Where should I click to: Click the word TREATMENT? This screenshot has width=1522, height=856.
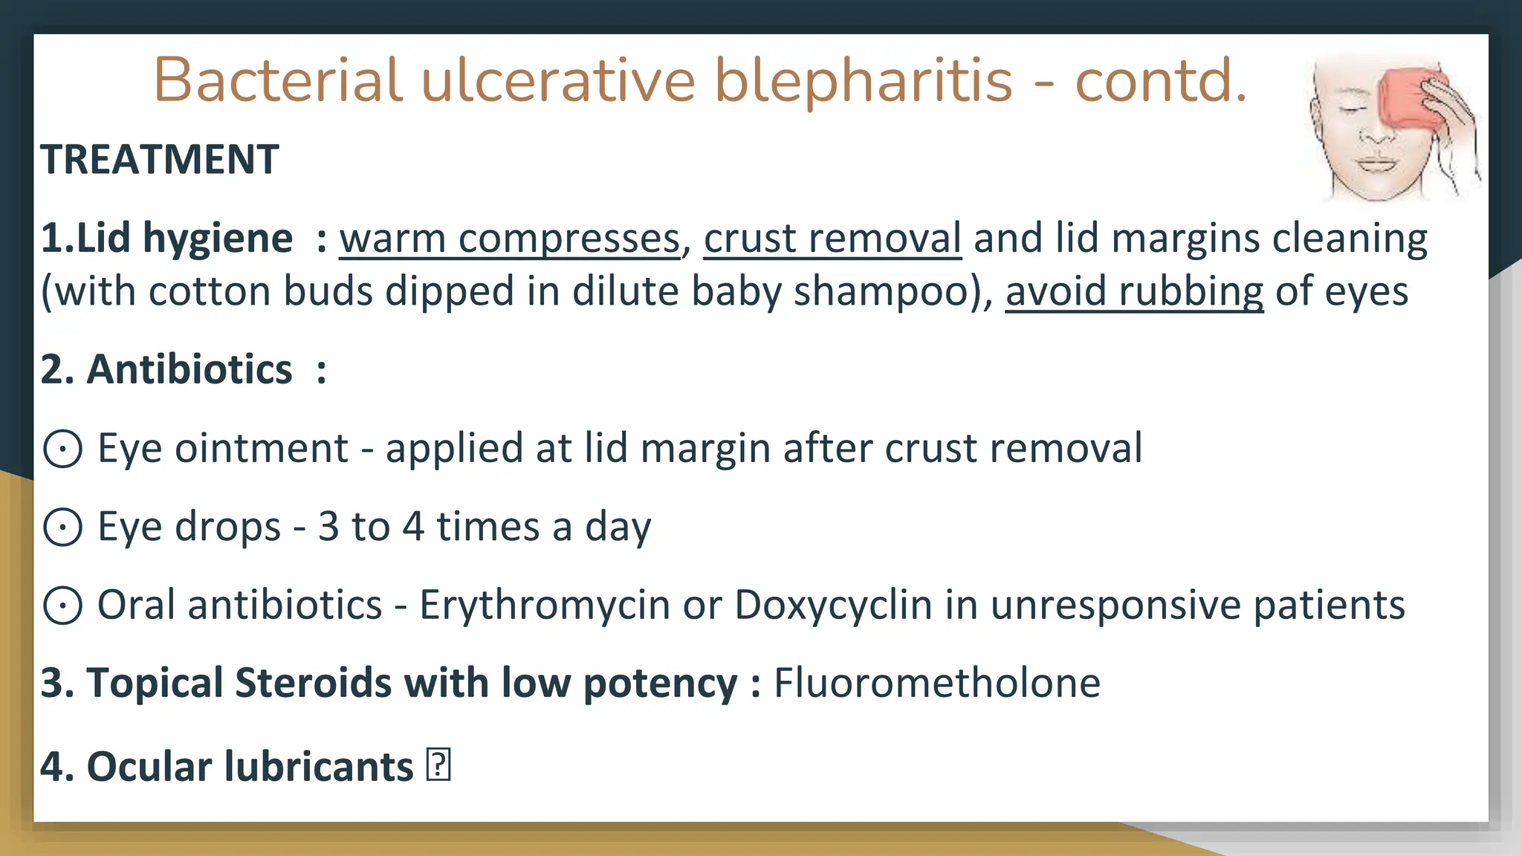pos(160,160)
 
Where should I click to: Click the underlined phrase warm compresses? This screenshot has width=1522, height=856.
pos(510,239)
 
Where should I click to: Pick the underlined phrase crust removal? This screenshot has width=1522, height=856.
pos(832,239)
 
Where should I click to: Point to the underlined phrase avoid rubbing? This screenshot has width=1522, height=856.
pos(1134,291)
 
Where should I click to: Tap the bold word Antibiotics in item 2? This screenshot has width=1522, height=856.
pos(190,369)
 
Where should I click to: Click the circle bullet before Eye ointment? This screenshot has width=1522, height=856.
pos(62,449)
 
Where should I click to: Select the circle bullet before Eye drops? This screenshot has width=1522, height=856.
pos(62,527)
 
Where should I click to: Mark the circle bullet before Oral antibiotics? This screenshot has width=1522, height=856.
pos(62,606)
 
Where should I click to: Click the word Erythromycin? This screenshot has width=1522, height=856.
pos(545,606)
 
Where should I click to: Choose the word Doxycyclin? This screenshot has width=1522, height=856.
pos(833,606)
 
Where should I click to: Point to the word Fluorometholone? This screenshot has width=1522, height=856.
pos(936,683)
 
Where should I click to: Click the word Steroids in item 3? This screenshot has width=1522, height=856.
pos(313,683)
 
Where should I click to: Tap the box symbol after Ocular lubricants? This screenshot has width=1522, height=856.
pos(438,765)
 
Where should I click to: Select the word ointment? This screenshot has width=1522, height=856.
pos(261,449)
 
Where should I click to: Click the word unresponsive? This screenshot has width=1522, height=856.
pos(1115,606)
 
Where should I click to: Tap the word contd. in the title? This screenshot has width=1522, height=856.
pos(1160,80)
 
